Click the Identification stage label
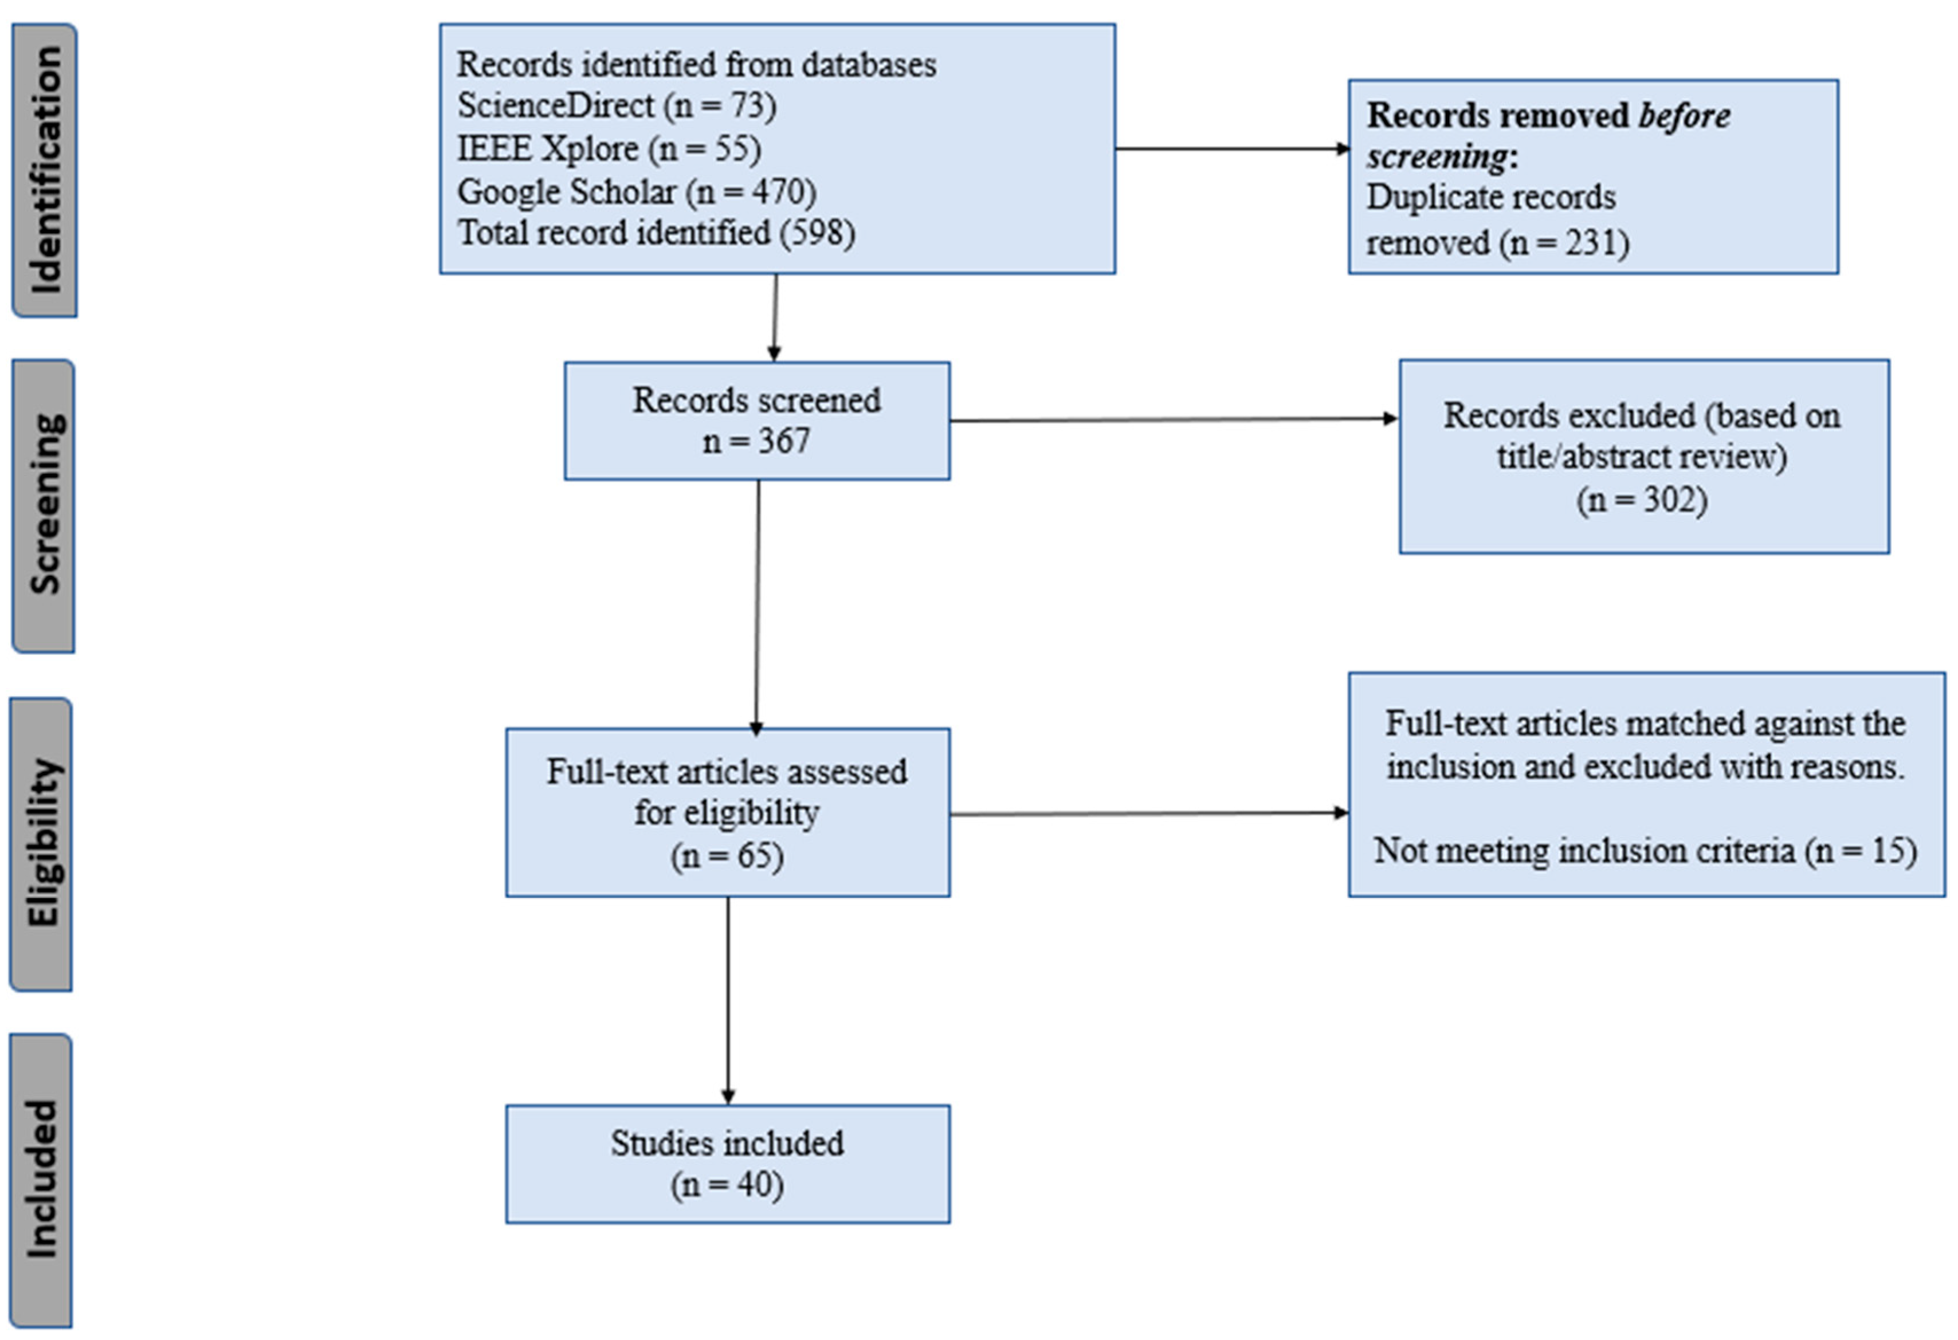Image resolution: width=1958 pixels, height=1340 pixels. coord(45,170)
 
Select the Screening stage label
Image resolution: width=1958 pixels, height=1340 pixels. coord(44,505)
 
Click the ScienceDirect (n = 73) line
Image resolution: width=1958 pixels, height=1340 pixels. coord(616,106)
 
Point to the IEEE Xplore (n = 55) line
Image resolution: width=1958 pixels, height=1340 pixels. coord(609,149)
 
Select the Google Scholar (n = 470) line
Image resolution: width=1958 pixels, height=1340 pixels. coord(636,192)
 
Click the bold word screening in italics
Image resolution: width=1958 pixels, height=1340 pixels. coord(1437,156)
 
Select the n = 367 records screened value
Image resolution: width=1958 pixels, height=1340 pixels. coord(756,441)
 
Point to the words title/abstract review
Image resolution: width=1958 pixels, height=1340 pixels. coord(1641,457)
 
